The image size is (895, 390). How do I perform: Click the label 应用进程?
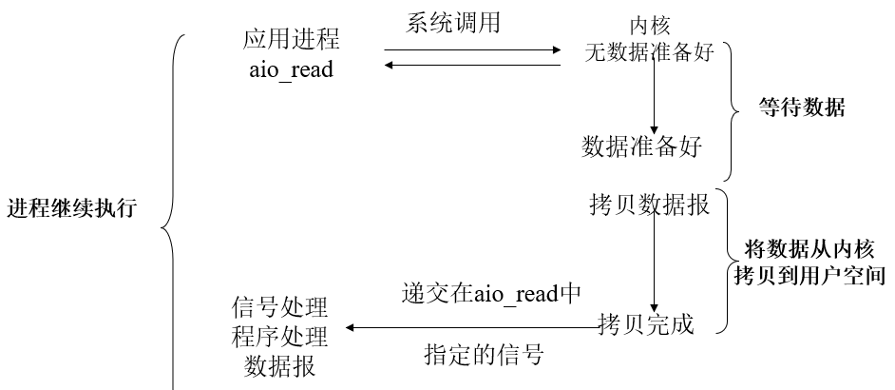292,39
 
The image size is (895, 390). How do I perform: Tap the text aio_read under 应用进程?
292,69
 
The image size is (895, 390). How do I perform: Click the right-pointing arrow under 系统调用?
472,50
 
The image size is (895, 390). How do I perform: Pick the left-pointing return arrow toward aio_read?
472,66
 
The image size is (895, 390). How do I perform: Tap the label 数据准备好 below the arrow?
642,147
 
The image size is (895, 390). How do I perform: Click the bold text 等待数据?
802,107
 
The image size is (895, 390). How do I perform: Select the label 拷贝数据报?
650,205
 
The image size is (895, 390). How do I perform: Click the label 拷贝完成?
646,324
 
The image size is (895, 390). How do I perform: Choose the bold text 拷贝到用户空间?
810,277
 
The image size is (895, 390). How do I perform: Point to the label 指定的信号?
483,356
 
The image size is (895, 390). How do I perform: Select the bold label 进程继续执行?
72,208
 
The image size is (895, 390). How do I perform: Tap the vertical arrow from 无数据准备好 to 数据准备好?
654,95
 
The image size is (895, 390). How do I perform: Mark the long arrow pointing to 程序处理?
470,328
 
